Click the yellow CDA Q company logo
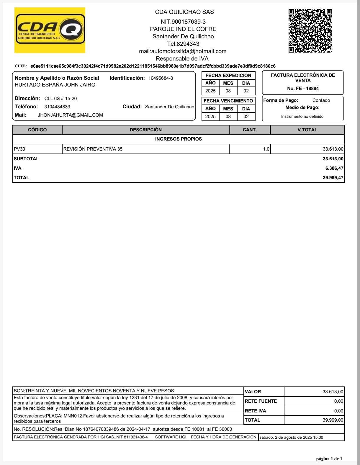coord(50,30)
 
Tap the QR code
coord(310,31)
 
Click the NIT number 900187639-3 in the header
coord(183,22)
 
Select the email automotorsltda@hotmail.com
coord(183,51)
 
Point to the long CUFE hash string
coord(153,66)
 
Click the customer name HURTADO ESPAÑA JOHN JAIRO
coord(55,85)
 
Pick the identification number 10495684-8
coord(161,78)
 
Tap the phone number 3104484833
coord(57,107)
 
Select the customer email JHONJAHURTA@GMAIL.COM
coord(70,115)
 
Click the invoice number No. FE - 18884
coord(303,89)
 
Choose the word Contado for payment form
coord(321,100)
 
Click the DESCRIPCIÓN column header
coord(145,130)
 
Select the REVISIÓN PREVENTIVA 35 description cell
coord(93,149)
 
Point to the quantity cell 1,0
coord(266,149)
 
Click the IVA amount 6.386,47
coord(334,168)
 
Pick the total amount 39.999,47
coord(333,178)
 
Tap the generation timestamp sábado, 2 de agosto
coord(291,438)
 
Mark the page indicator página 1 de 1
coord(329,459)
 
